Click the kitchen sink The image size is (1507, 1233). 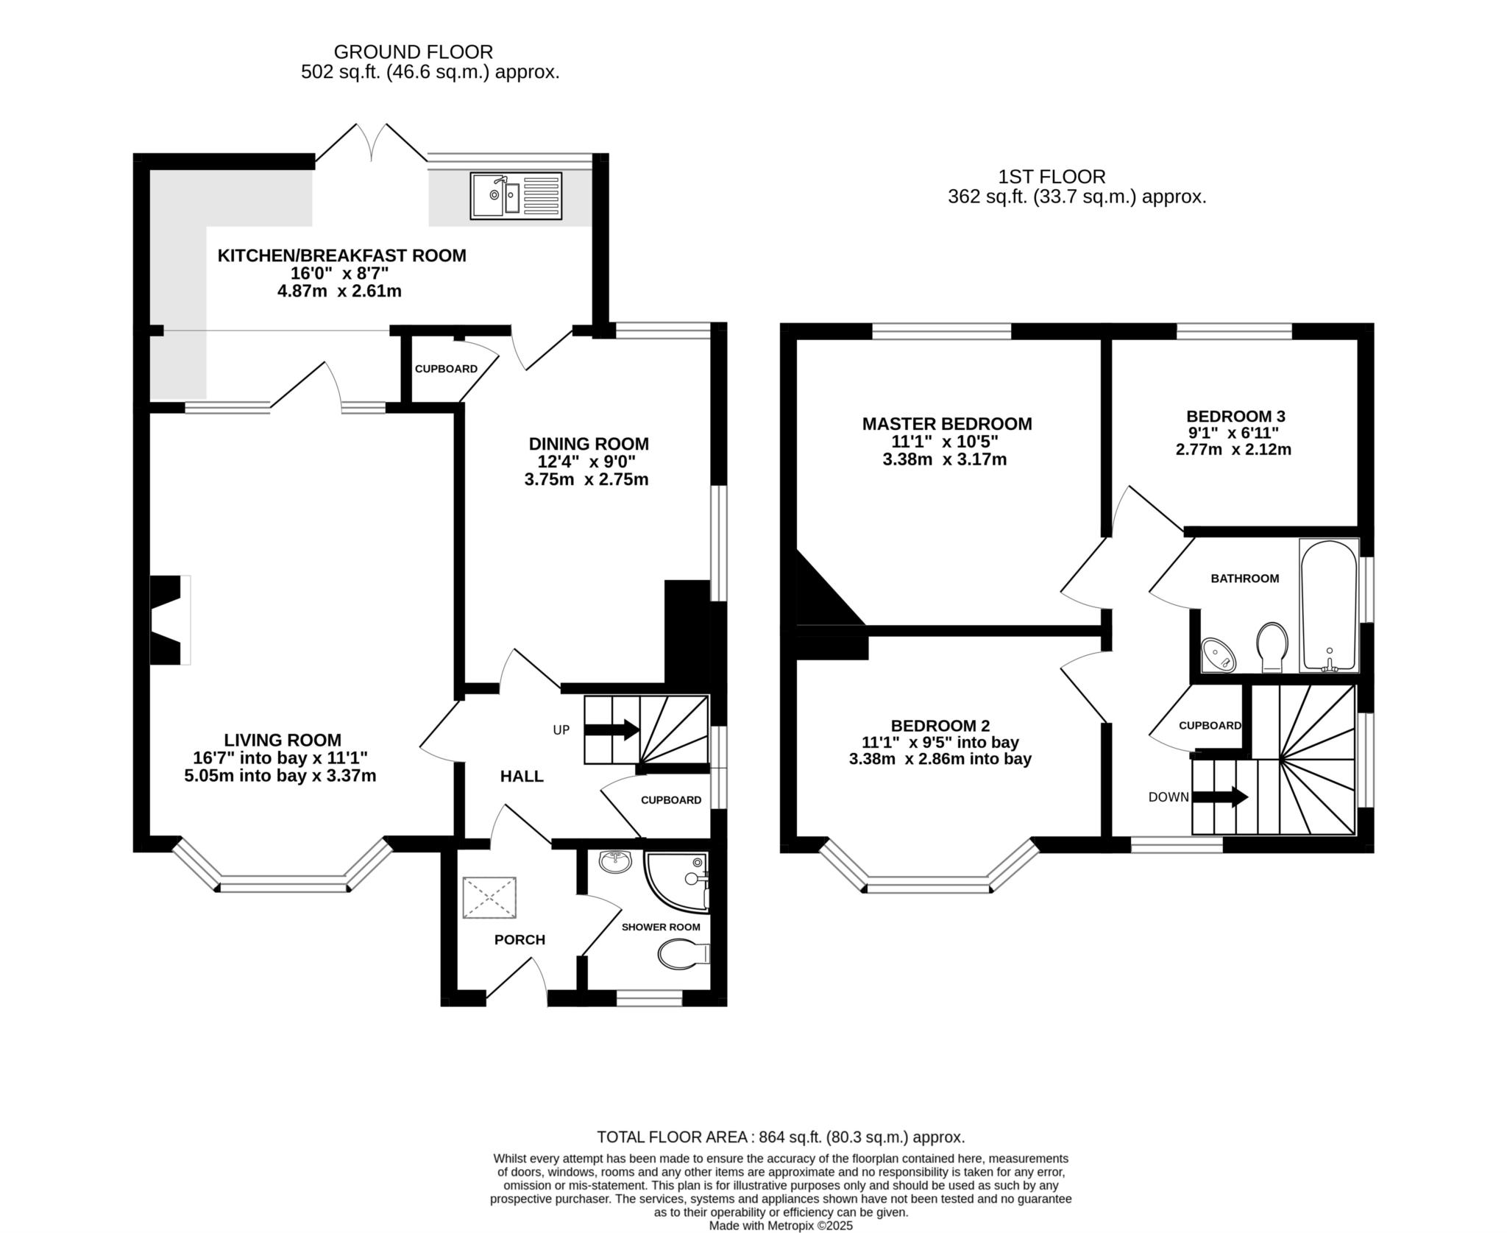tap(517, 196)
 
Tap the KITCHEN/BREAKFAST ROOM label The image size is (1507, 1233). tap(342, 255)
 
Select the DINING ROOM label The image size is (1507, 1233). tap(589, 444)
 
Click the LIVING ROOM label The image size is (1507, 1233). tap(283, 740)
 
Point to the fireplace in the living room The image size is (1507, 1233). tap(170, 620)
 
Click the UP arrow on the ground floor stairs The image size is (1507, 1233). tap(611, 729)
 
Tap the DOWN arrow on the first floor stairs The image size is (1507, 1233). tap(1220, 796)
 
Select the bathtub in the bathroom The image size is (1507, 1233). tap(1329, 605)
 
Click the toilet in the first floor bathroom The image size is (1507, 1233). tap(1272, 646)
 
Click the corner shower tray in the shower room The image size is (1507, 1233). tap(676, 881)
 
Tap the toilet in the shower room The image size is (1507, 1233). tap(683, 955)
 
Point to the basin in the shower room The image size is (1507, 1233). tap(615, 862)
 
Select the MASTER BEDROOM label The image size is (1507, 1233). tap(947, 424)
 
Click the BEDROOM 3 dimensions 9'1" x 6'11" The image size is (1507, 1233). tap(1233, 433)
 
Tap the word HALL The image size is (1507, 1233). tap(522, 776)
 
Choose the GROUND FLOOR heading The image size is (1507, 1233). tap(413, 52)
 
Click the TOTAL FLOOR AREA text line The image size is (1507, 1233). tap(781, 1137)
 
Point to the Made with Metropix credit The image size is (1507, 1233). tap(781, 1226)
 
